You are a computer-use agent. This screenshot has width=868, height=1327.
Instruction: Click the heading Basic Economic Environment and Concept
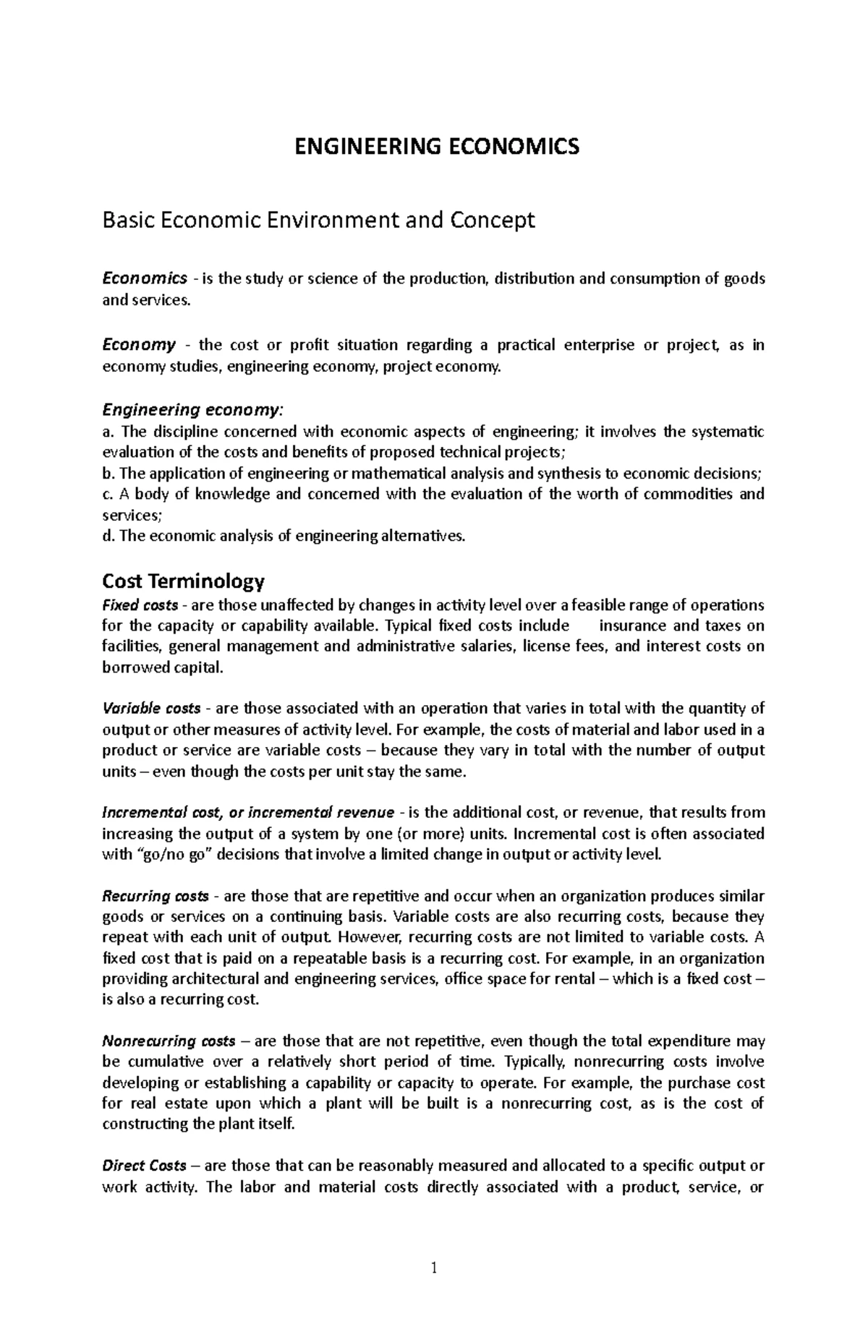coord(318,220)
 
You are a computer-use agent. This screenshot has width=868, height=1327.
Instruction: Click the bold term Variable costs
coord(151,708)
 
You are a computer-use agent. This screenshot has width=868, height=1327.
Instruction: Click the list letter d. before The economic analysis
coord(109,537)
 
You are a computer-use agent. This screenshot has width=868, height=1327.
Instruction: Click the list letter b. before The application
coord(109,474)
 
